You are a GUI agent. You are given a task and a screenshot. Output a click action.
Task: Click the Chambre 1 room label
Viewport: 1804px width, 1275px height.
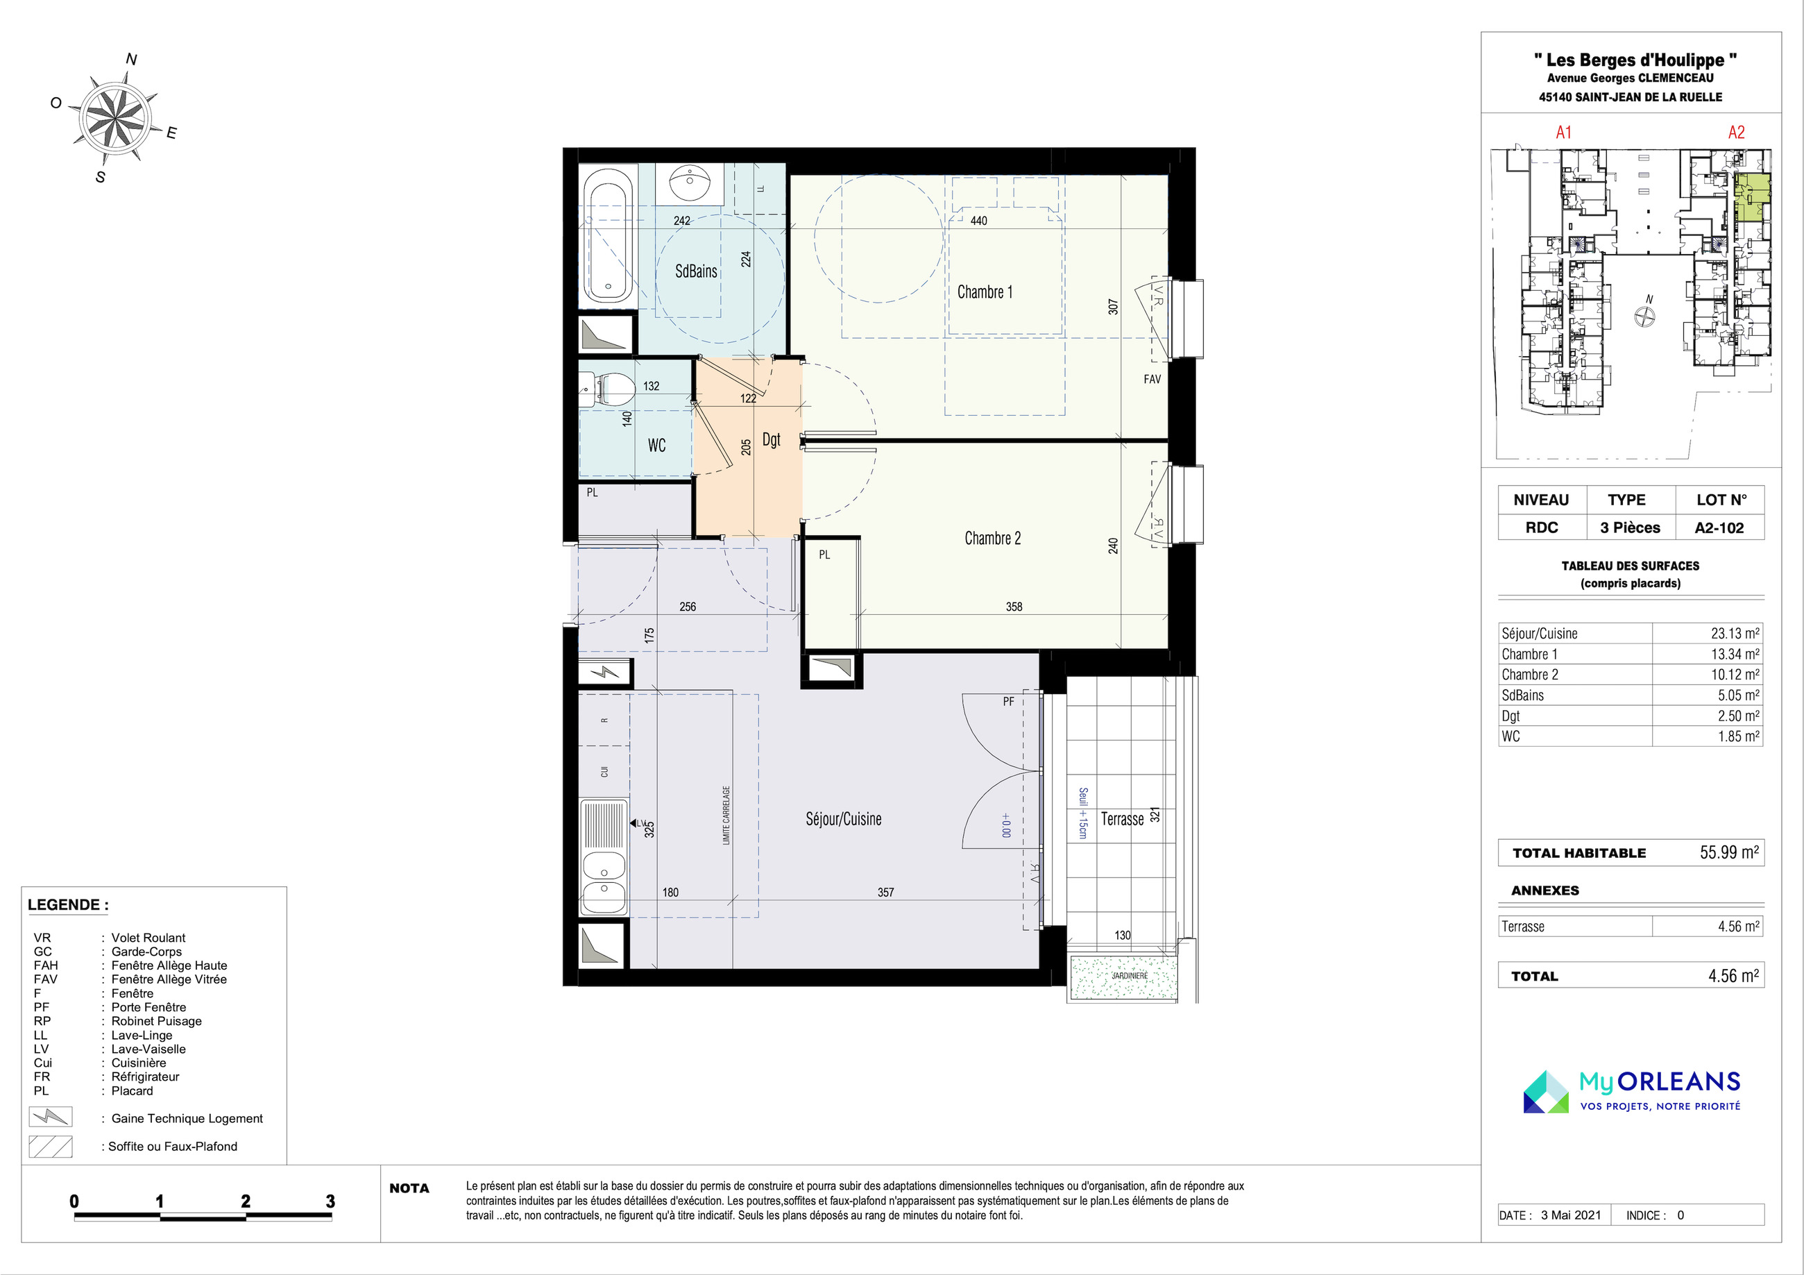985,292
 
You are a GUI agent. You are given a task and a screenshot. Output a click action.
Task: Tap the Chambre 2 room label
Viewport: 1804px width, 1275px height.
992,539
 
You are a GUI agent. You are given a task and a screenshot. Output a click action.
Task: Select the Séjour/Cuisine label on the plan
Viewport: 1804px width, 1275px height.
843,819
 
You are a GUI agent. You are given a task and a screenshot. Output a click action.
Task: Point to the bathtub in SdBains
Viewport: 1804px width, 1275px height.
608,242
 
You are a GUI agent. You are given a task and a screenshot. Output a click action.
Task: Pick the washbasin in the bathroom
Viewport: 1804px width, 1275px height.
690,183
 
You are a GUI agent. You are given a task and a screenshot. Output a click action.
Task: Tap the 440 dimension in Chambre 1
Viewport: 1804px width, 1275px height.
978,221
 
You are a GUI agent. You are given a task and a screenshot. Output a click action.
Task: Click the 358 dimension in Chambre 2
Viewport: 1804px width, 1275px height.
1014,607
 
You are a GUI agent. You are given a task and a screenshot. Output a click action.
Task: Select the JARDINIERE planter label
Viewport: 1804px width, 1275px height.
1129,975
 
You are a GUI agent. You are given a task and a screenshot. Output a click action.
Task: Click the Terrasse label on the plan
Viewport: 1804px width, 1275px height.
1122,819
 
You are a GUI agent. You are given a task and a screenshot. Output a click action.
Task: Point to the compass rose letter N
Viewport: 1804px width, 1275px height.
131,60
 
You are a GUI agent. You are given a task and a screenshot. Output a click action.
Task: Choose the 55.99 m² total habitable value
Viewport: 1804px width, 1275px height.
1729,852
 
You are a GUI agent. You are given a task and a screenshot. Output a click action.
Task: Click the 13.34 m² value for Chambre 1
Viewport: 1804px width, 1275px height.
1735,654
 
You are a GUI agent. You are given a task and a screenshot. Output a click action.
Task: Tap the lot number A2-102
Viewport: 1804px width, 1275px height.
1719,527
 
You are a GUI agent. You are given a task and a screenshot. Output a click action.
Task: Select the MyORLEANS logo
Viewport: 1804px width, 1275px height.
1632,1091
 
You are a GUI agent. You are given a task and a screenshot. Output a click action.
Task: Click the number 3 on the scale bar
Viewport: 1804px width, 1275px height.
330,1201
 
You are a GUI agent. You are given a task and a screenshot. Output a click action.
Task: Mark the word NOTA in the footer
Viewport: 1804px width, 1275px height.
409,1188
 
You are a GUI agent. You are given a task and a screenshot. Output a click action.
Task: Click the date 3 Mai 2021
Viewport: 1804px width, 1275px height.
1571,1215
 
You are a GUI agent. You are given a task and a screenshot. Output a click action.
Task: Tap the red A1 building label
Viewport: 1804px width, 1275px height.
1563,132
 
